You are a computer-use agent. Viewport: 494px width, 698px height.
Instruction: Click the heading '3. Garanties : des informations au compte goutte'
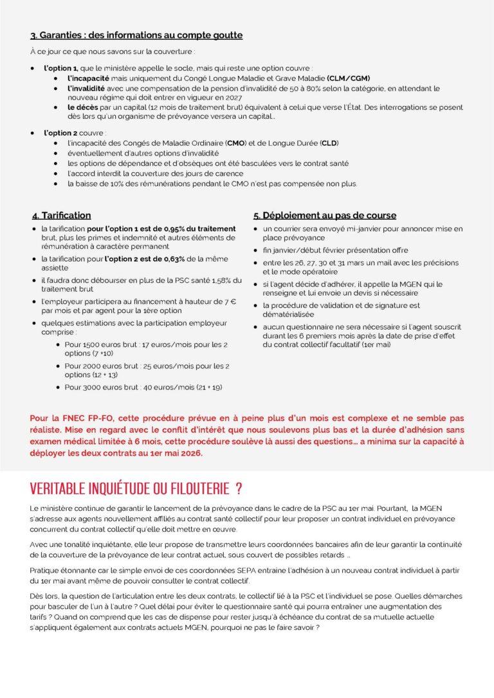136,35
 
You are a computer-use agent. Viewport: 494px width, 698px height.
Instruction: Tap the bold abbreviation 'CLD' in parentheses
329,142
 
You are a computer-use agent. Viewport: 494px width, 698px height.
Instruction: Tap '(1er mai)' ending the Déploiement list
378,345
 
